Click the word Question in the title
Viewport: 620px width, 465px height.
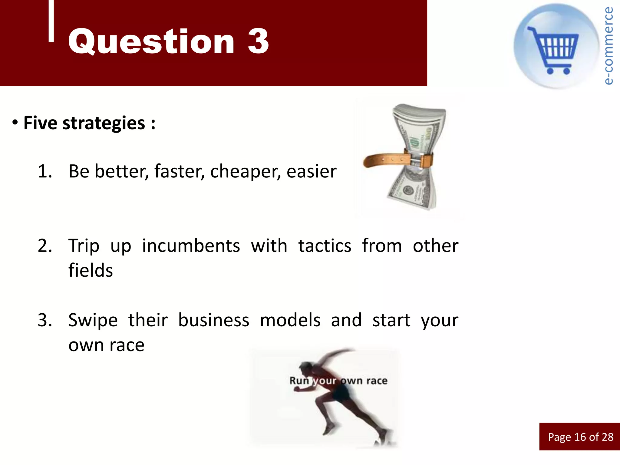[151, 42]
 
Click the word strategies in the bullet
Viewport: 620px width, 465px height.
[104, 124]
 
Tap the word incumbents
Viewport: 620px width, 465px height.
[191, 246]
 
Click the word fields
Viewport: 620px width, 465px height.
[91, 270]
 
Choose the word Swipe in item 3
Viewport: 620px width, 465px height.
[93, 320]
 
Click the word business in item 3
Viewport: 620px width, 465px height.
[213, 320]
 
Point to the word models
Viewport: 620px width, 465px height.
[290, 320]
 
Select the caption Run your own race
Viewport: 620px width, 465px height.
[338, 381]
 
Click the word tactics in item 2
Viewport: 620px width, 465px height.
[325, 246]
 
